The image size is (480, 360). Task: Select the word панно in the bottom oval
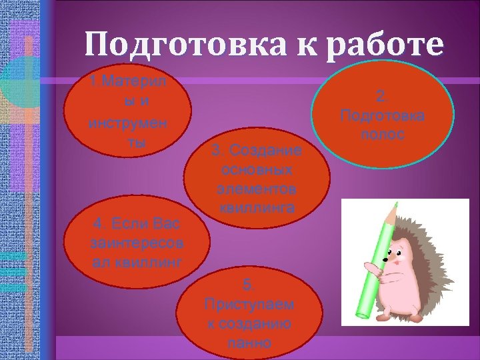point(249,344)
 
